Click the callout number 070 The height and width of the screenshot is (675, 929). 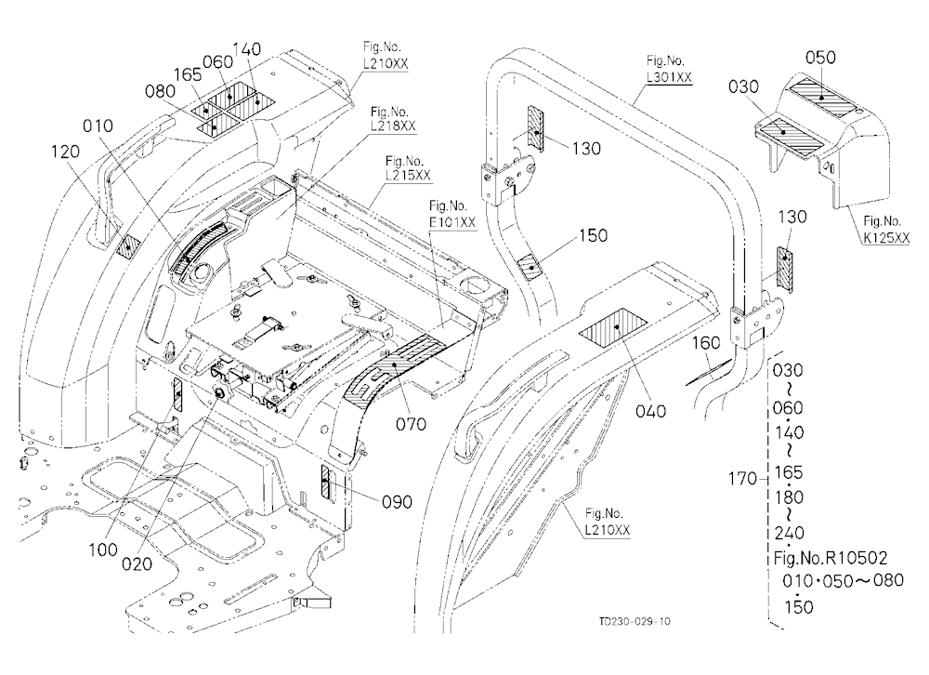(412, 424)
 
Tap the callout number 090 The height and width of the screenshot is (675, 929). (397, 502)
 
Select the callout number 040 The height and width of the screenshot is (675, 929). (650, 410)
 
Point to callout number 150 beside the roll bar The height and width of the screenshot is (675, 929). (593, 235)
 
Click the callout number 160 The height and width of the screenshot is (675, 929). (706, 343)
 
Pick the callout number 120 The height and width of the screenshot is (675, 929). (65, 152)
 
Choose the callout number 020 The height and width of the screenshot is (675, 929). (137, 564)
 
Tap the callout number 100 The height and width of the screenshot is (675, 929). (103, 550)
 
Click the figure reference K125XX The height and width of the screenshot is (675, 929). (885, 238)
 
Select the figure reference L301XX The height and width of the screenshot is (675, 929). (669, 78)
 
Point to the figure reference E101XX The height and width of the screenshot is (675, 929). (452, 223)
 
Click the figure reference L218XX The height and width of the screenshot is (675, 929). (393, 126)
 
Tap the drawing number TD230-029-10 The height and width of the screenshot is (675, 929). (635, 622)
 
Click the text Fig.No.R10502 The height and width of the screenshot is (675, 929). (831, 558)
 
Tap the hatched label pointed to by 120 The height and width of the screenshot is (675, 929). (128, 245)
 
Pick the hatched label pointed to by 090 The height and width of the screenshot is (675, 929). (324, 481)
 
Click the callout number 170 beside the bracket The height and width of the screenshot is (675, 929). (742, 478)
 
